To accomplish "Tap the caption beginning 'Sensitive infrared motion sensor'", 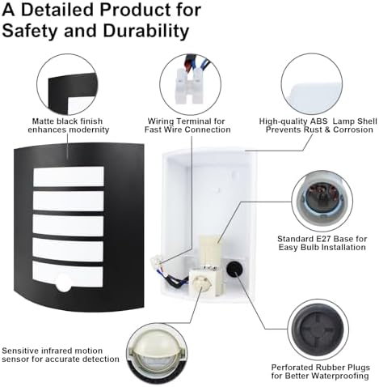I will pos(61,355).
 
